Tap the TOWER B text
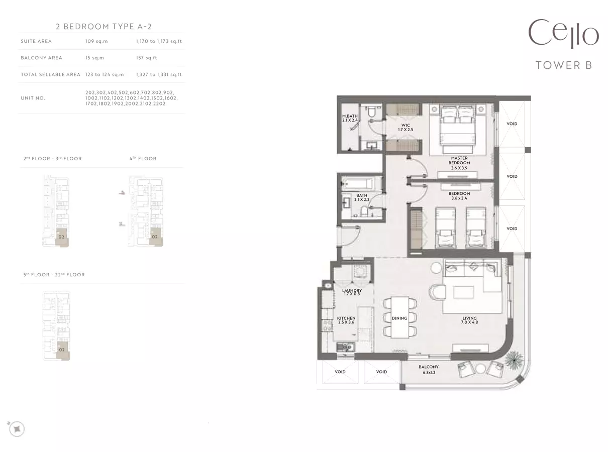pos(564,65)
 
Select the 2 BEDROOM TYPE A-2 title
pos(104,26)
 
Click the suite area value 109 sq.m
pos(96,41)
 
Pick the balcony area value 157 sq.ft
pos(147,58)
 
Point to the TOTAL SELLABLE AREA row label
pos(50,74)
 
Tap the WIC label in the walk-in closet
pos(406,125)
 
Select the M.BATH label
pos(350,116)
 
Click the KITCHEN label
pos(346,318)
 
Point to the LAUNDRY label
pos(352,290)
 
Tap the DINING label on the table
pos(399,318)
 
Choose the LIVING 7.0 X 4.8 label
pos(470,320)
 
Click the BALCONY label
pos(429,367)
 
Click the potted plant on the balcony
pos(514,359)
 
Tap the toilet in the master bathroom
pos(372,112)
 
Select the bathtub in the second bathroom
pos(357,183)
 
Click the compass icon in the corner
pos(17,429)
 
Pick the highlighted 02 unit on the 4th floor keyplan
pos(156,237)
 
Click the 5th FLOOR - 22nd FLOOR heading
pos(54,275)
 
